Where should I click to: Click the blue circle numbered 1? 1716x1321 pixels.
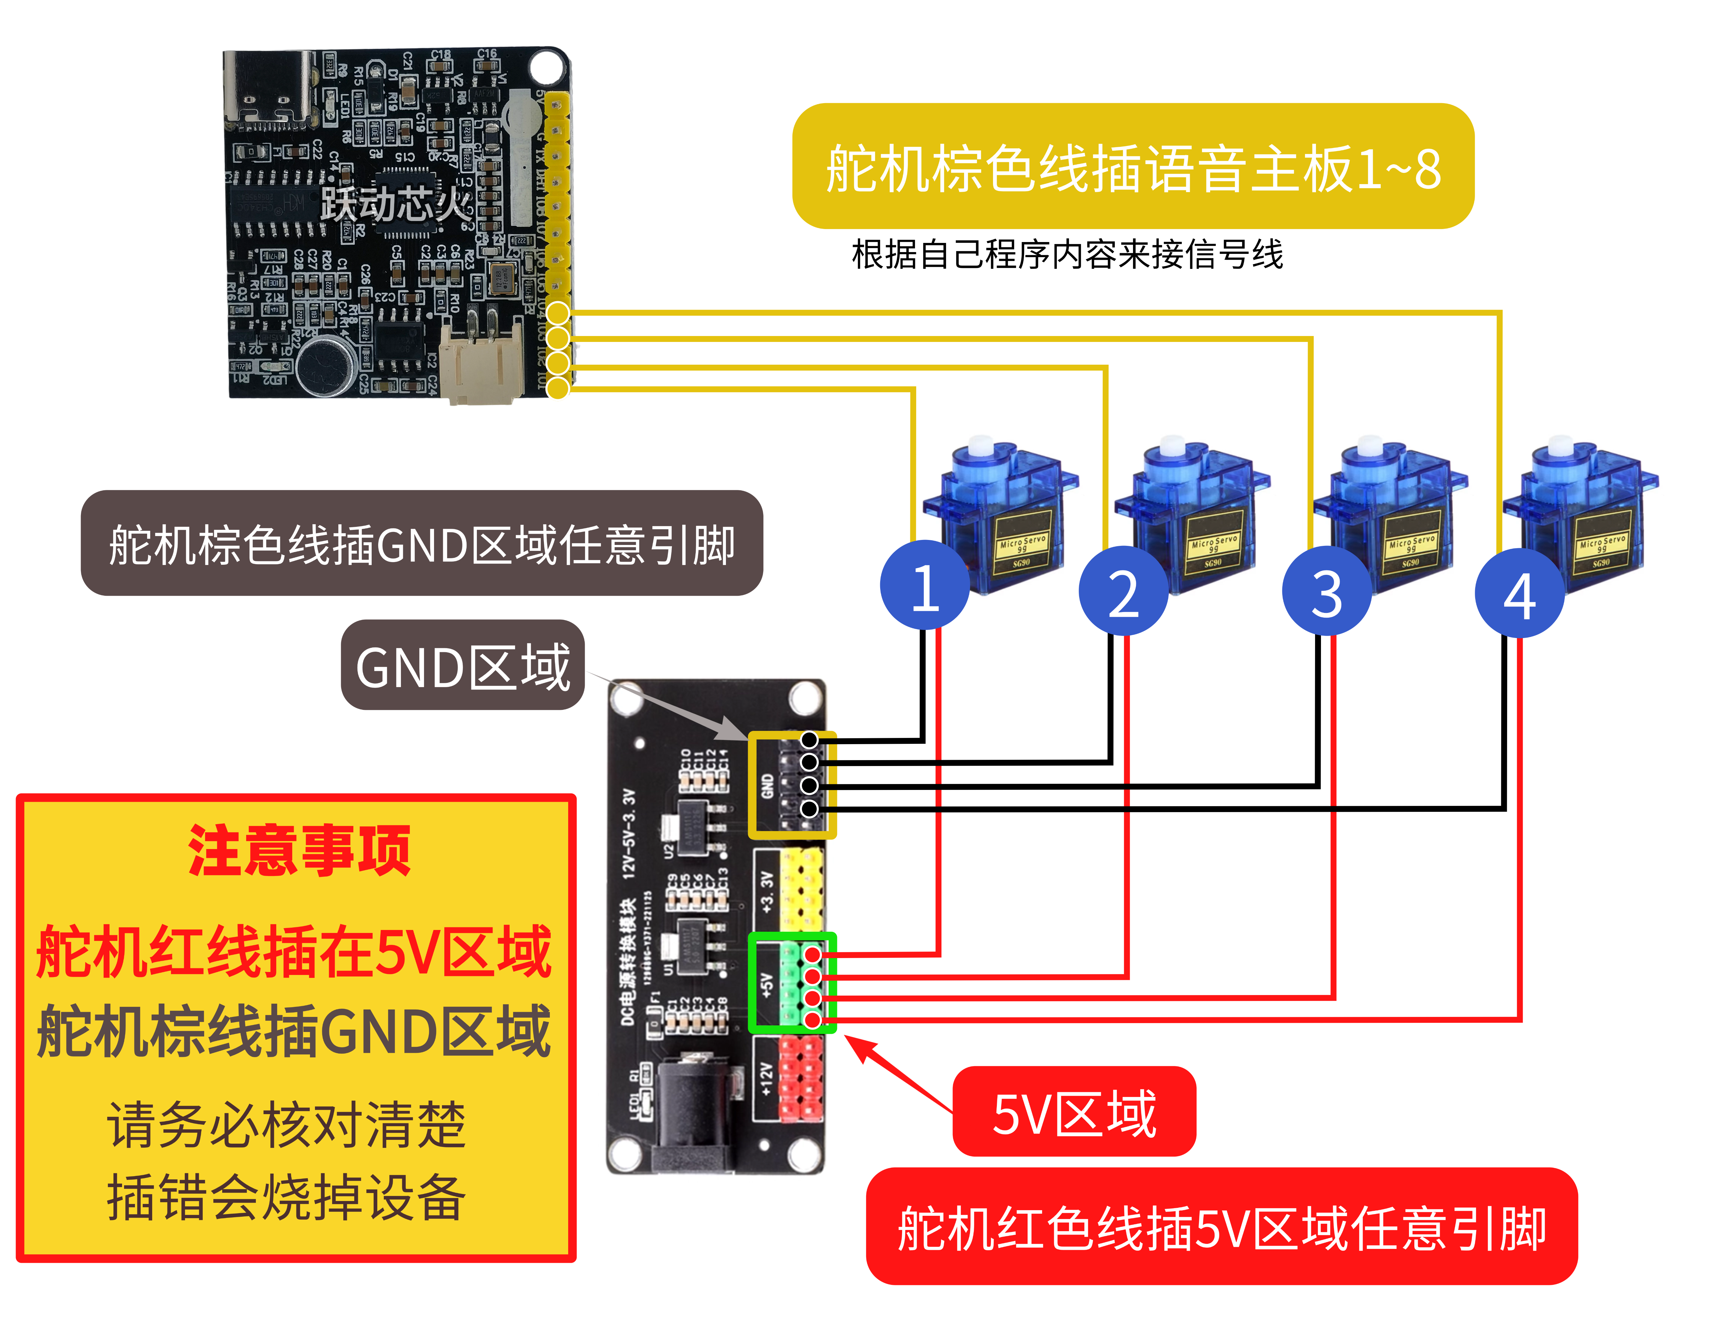(925, 585)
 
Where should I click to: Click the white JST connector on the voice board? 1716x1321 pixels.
(481, 363)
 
